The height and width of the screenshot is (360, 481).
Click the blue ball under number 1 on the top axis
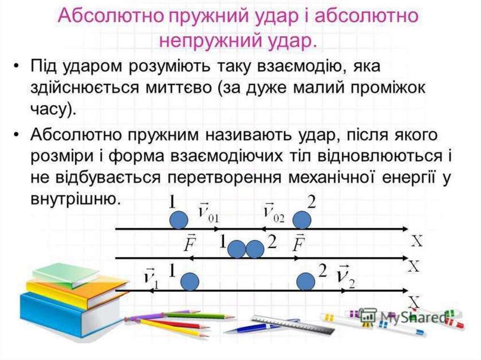[179, 220]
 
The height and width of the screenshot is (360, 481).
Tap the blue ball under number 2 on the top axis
[302, 220]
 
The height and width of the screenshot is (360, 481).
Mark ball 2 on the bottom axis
[306, 282]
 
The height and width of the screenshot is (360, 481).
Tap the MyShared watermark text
[412, 317]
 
